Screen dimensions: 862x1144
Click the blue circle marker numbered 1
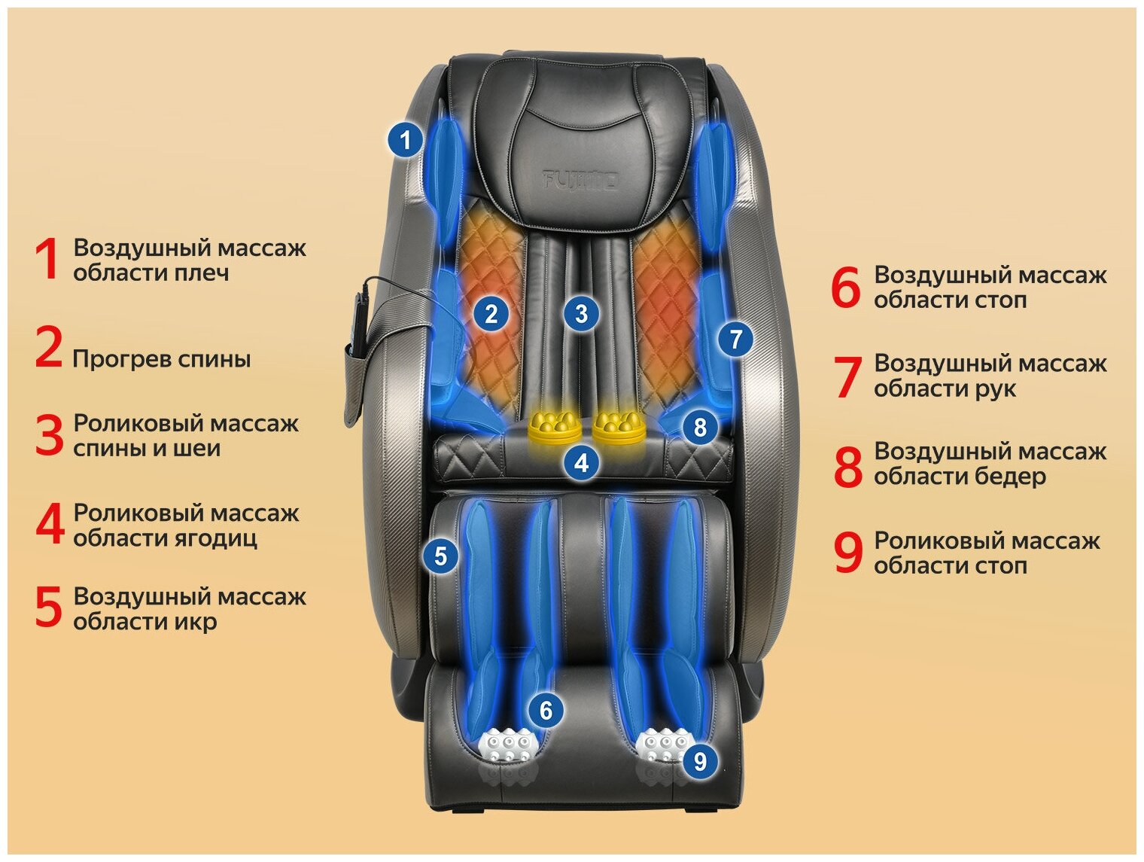(406, 140)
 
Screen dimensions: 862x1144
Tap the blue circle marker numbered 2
(491, 313)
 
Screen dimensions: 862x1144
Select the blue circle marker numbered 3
(580, 313)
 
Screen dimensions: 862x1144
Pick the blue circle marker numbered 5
(440, 556)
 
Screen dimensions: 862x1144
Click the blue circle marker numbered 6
(546, 710)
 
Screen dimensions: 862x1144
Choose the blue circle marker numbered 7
(735, 339)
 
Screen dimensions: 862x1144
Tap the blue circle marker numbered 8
(700, 427)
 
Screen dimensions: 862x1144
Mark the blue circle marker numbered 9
(700, 761)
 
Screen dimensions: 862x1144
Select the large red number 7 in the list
(847, 376)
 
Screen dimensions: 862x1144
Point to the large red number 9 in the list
(847, 553)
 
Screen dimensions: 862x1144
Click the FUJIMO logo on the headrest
(580, 180)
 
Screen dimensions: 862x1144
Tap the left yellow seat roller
(555, 428)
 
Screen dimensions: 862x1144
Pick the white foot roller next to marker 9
(662, 745)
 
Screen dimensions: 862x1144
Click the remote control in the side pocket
(359, 324)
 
